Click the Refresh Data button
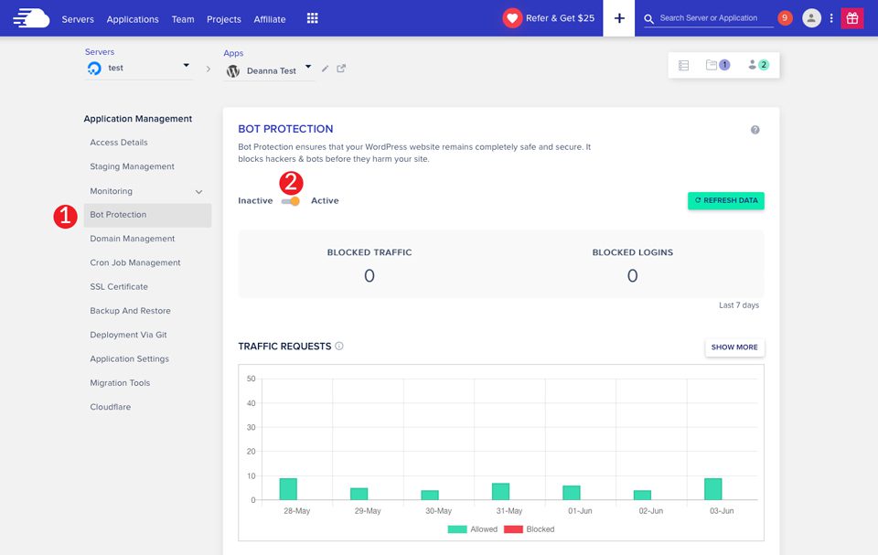(x=725, y=200)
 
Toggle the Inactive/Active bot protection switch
(x=291, y=201)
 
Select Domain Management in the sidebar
(x=132, y=239)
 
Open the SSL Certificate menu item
(x=119, y=287)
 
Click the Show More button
(x=734, y=347)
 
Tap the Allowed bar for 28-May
(x=288, y=489)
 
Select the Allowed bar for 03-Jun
(x=713, y=489)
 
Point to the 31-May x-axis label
(x=509, y=511)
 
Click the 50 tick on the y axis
(x=251, y=379)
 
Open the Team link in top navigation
(x=183, y=19)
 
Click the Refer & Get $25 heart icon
(x=512, y=18)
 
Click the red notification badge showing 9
(x=785, y=18)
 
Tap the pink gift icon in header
(x=852, y=18)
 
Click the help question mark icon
(x=755, y=130)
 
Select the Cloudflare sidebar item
(x=110, y=407)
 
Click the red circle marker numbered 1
(x=65, y=216)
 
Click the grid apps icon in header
(x=313, y=18)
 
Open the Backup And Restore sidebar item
(x=130, y=311)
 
